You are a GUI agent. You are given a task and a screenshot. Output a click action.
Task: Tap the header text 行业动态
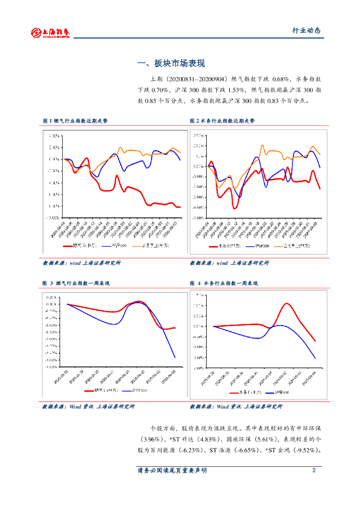[x=306, y=31]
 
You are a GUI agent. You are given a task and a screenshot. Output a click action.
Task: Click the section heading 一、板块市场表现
[x=171, y=64]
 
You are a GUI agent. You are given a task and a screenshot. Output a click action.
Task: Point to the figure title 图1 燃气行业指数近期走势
[x=75, y=121]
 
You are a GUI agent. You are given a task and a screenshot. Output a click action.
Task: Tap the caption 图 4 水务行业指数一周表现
[x=224, y=283]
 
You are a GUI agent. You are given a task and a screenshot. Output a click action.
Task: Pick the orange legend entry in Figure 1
[x=151, y=246]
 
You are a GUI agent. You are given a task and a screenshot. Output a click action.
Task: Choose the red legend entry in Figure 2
[x=218, y=246]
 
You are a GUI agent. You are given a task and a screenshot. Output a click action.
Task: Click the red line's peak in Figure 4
[x=286, y=303]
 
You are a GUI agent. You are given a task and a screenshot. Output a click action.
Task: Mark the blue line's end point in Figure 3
[x=175, y=357]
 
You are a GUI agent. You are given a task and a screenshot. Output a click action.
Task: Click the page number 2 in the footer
[x=314, y=470]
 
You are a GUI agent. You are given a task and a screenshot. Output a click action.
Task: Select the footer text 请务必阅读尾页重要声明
[x=172, y=470]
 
